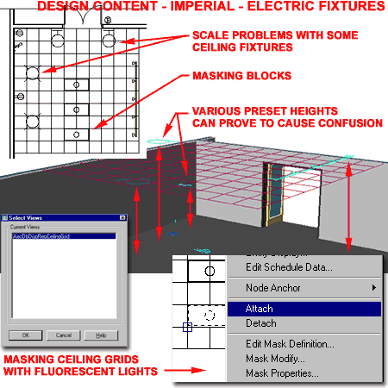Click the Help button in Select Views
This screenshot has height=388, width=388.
(x=101, y=335)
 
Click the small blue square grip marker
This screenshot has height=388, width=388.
(x=188, y=327)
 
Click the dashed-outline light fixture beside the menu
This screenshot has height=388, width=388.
(x=206, y=316)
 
